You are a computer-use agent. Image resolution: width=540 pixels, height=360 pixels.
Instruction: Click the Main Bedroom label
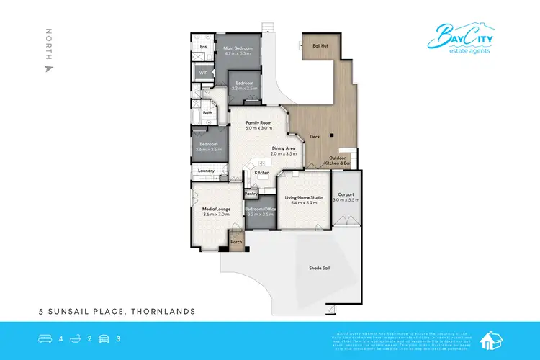pyautogui.click(x=236, y=48)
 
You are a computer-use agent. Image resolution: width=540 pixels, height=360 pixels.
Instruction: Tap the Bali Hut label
pyautogui.click(x=320, y=45)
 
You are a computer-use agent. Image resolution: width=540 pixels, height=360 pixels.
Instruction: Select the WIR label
pyautogui.click(x=204, y=73)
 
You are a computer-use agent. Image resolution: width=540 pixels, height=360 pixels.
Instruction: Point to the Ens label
pyautogui.click(x=203, y=47)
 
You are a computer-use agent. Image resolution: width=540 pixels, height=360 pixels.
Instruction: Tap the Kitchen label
pyautogui.click(x=262, y=173)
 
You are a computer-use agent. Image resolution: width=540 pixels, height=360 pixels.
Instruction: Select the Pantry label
pyautogui.click(x=251, y=193)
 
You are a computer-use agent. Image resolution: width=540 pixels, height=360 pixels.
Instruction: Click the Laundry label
pyautogui.click(x=207, y=171)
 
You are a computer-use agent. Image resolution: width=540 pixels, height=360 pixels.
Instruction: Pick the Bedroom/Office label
pyautogui.click(x=260, y=210)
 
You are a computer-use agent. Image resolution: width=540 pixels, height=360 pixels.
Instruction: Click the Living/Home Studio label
pyautogui.click(x=303, y=198)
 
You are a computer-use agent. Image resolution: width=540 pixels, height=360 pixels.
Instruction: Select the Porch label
pyautogui.click(x=235, y=242)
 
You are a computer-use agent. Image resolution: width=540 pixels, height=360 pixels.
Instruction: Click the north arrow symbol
pyautogui.click(x=48, y=69)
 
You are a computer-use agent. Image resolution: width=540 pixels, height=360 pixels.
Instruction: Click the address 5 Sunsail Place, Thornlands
pyautogui.click(x=117, y=312)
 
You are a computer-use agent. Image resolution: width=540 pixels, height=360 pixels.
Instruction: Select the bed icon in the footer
pyautogui.click(x=45, y=337)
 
